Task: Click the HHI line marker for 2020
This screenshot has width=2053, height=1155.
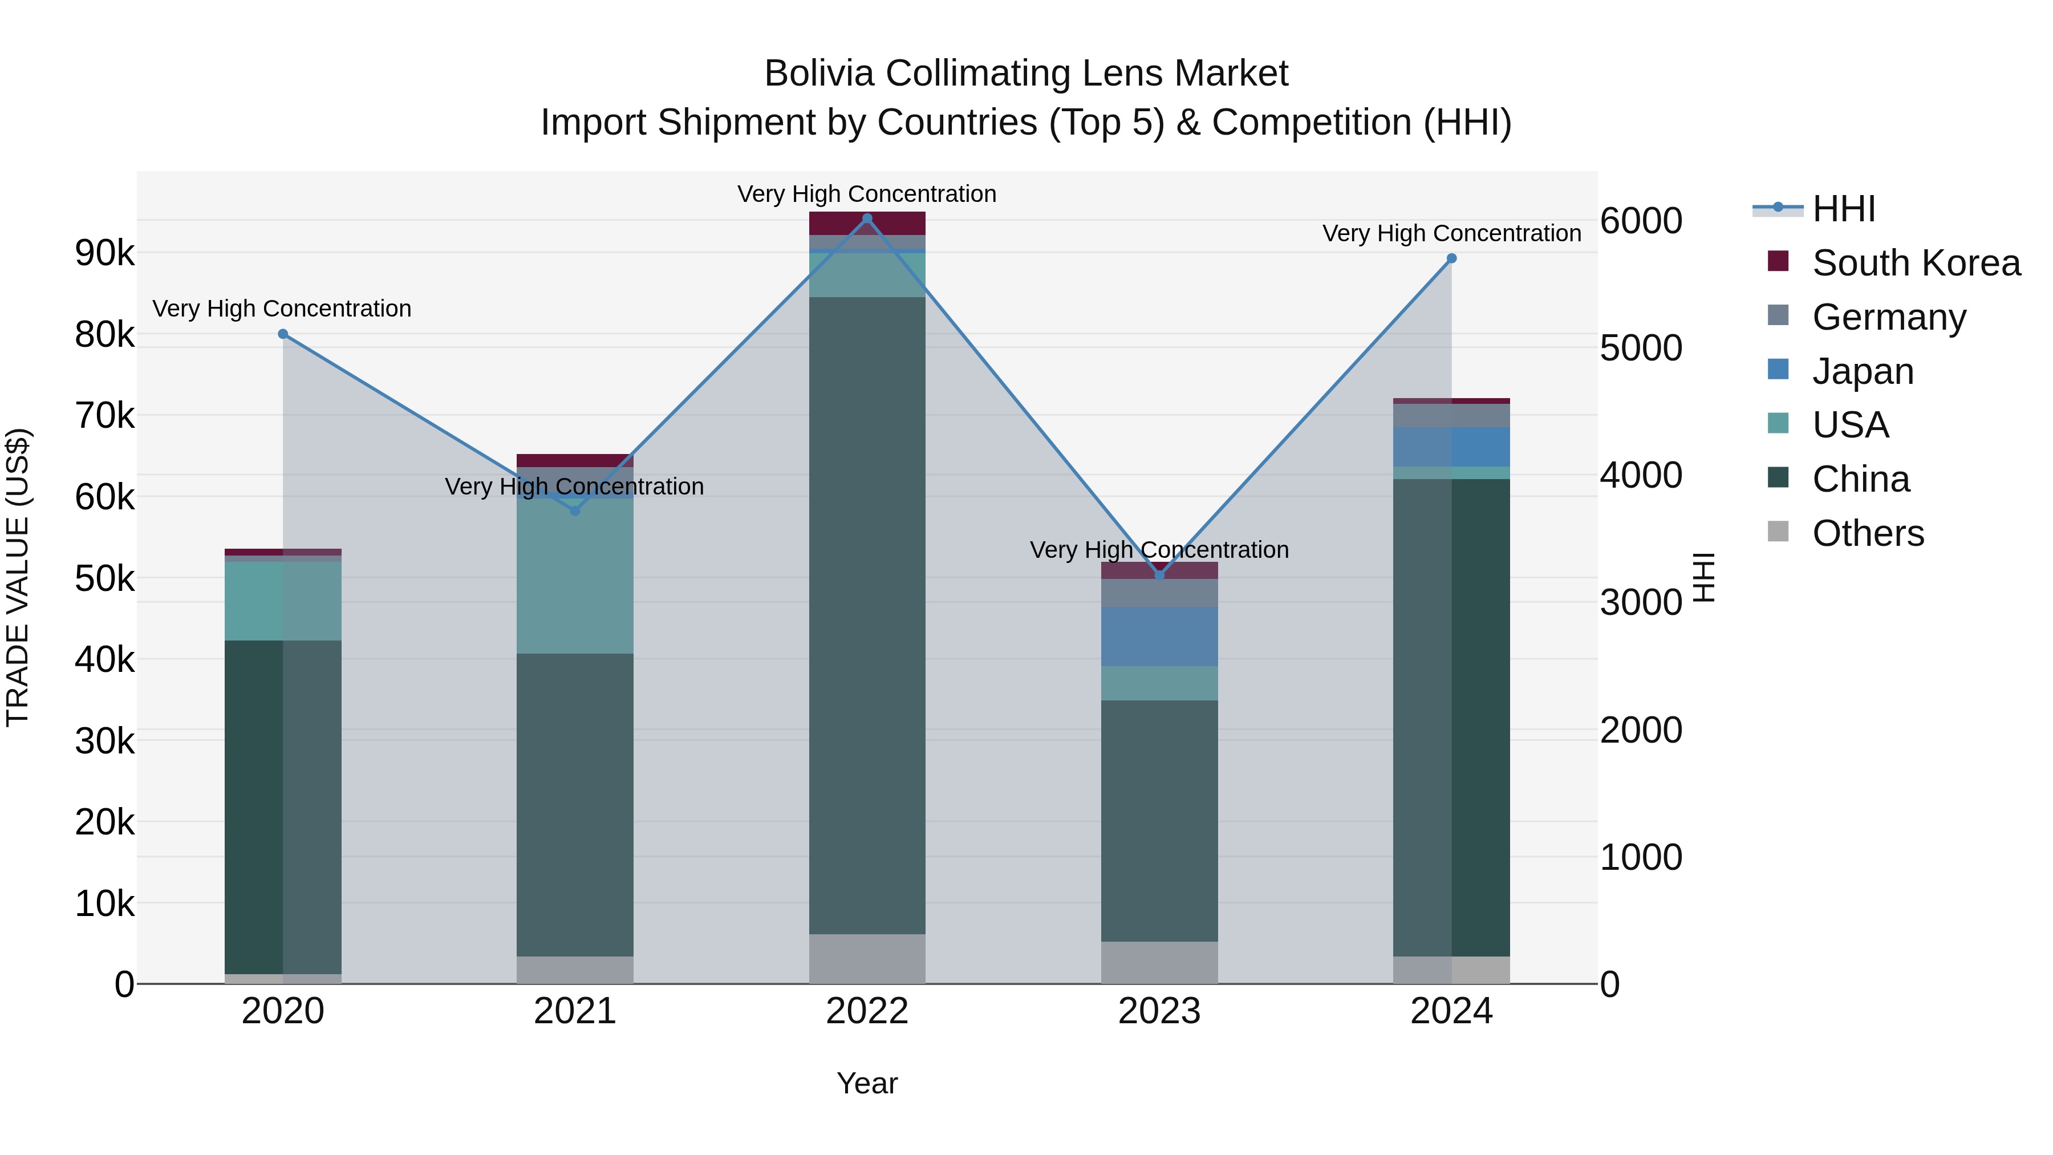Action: coord(283,334)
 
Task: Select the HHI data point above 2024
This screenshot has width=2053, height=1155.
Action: coord(1451,258)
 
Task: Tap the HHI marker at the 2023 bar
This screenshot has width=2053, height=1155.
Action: coord(1159,575)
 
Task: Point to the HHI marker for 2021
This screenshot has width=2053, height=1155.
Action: coord(575,510)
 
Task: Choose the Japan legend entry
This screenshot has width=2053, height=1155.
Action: coord(1862,371)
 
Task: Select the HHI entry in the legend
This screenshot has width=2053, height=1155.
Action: coord(1843,209)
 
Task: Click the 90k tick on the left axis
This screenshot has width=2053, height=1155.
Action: coord(104,253)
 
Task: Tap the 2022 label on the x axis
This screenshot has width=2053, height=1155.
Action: coord(867,1011)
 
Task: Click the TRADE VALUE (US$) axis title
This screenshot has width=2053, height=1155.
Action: coord(18,577)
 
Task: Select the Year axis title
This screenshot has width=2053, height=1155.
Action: coord(867,1083)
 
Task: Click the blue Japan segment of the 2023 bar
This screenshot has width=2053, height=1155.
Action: coord(1159,636)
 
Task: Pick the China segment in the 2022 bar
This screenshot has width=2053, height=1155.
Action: coord(867,614)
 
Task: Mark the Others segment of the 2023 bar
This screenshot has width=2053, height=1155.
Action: coord(1159,962)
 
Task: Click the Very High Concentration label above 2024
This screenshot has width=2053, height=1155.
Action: coord(1451,233)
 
